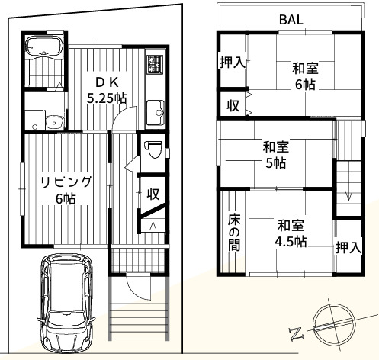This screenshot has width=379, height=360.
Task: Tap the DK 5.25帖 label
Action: pos(105,91)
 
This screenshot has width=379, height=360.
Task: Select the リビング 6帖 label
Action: pos(66,189)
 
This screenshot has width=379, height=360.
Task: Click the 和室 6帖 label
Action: pos(305,77)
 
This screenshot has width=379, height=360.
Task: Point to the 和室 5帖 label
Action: pos(275,155)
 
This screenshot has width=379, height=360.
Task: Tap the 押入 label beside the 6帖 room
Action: pos(232,63)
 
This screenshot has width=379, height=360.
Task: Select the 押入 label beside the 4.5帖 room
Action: pos(348,246)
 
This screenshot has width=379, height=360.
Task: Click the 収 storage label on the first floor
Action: pos(153,194)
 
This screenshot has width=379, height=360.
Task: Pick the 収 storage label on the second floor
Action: pos(232,105)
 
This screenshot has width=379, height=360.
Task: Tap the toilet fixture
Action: pos(153,149)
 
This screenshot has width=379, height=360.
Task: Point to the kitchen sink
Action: pos(156,112)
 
